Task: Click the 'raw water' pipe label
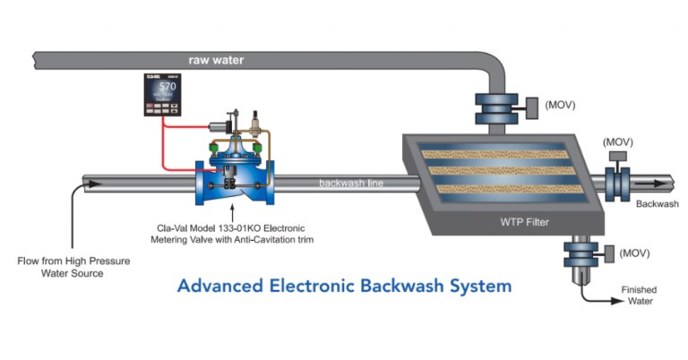click(x=215, y=61)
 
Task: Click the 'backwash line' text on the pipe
click(x=351, y=184)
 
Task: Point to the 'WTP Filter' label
click(x=524, y=221)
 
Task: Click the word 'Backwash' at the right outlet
click(x=657, y=204)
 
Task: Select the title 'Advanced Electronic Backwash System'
click(x=344, y=287)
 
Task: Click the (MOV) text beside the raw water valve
click(x=559, y=105)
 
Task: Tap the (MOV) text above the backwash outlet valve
click(x=619, y=141)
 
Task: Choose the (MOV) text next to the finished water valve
click(x=634, y=253)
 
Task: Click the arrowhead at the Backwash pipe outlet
click(x=661, y=183)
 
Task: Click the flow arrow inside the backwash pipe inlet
click(x=91, y=184)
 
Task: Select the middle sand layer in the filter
click(x=498, y=170)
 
